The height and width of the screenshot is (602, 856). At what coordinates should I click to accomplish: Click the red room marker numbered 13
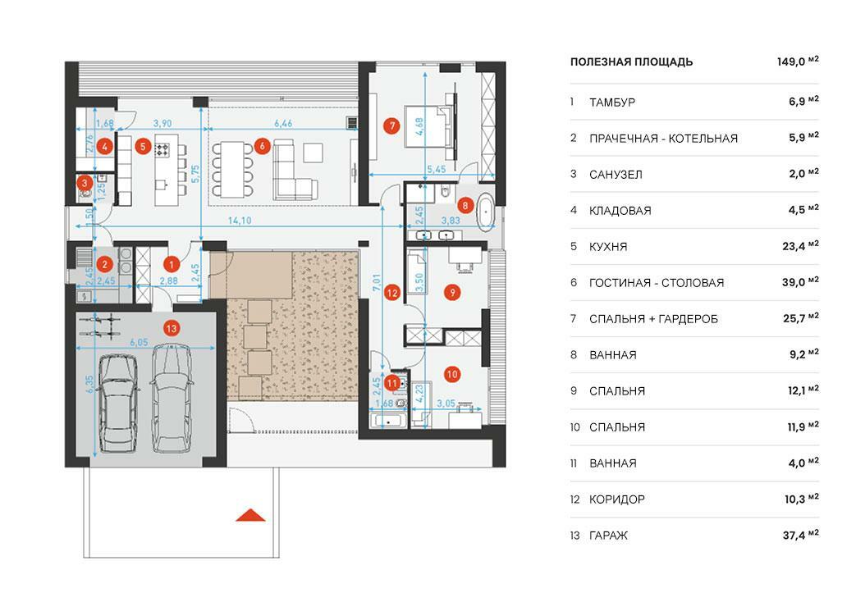[172, 328]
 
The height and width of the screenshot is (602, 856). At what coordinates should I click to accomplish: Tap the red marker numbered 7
[392, 126]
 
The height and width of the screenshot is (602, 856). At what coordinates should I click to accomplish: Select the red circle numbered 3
[84, 184]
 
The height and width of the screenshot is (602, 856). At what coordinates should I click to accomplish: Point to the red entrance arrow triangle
[250, 515]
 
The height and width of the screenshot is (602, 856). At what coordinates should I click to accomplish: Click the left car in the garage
[118, 403]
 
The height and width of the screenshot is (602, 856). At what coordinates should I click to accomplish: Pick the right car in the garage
[172, 399]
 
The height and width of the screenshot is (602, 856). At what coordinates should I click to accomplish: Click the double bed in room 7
[429, 126]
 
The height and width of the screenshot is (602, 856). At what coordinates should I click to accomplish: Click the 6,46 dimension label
[283, 123]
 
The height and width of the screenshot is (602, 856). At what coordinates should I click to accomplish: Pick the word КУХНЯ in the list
[608, 247]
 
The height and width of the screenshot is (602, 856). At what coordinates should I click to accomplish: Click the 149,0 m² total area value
[798, 62]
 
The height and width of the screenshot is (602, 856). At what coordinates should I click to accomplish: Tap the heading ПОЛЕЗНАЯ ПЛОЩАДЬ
[632, 62]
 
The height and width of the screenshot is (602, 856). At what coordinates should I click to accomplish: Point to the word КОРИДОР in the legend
[617, 499]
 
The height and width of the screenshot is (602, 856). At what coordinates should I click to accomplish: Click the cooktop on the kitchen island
[163, 149]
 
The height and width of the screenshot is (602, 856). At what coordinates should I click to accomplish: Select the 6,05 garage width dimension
[139, 342]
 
